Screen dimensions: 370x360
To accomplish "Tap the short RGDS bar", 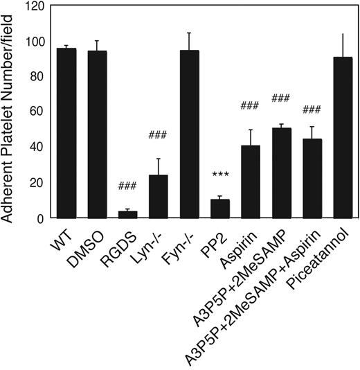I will tap(127, 215).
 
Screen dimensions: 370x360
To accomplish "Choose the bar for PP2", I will tap(219, 209).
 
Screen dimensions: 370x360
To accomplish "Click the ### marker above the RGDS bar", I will tap(127, 186).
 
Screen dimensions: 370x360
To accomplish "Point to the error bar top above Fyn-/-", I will tap(188, 33).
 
